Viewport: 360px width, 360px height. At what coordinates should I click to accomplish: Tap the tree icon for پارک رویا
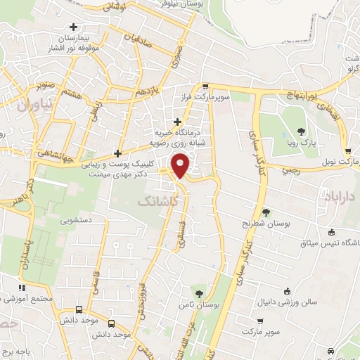[302, 131]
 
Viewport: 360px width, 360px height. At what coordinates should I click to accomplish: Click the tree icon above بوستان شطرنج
[266, 212]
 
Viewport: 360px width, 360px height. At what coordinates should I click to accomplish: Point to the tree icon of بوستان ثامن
[200, 293]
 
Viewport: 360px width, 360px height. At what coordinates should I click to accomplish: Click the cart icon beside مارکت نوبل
[349, 150]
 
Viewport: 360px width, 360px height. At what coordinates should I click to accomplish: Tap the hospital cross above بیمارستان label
[74, 27]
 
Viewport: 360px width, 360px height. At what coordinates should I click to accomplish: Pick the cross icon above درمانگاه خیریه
[177, 121]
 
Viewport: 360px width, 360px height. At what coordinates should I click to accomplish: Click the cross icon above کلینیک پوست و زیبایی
[117, 153]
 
